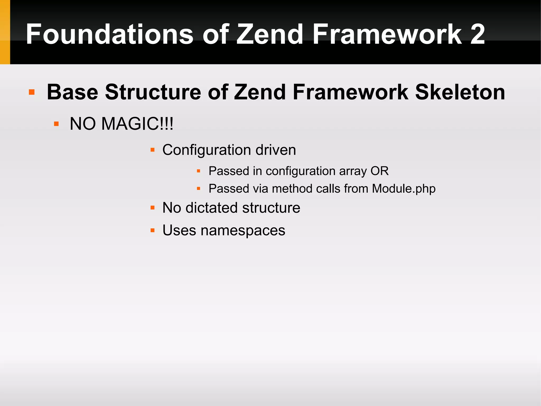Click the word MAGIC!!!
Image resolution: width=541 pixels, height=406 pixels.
click(x=137, y=124)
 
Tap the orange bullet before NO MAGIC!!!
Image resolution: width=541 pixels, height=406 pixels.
click(x=56, y=124)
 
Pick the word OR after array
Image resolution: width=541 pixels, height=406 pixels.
click(x=380, y=171)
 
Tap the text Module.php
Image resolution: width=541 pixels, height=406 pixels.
click(x=404, y=189)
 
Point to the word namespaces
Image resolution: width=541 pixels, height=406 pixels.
click(x=243, y=230)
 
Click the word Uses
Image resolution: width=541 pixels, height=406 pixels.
click(x=179, y=230)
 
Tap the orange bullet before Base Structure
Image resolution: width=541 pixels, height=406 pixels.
click(x=32, y=92)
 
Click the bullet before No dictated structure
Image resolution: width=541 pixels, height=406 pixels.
click(x=152, y=208)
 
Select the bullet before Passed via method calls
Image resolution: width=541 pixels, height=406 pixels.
click(x=198, y=189)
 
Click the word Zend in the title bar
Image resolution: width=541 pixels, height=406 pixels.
click(x=270, y=34)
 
